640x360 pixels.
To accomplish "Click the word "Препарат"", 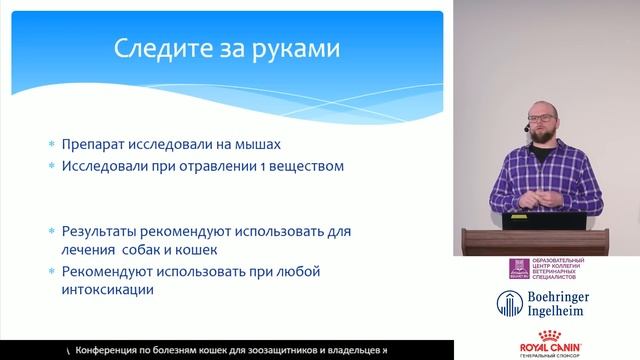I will (x=96, y=144).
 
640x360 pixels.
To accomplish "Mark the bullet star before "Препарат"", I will (x=52, y=144).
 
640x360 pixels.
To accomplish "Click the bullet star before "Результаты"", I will (x=52, y=230).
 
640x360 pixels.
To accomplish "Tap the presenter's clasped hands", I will (x=533, y=195).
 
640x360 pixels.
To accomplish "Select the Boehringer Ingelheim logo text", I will (x=567, y=304).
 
